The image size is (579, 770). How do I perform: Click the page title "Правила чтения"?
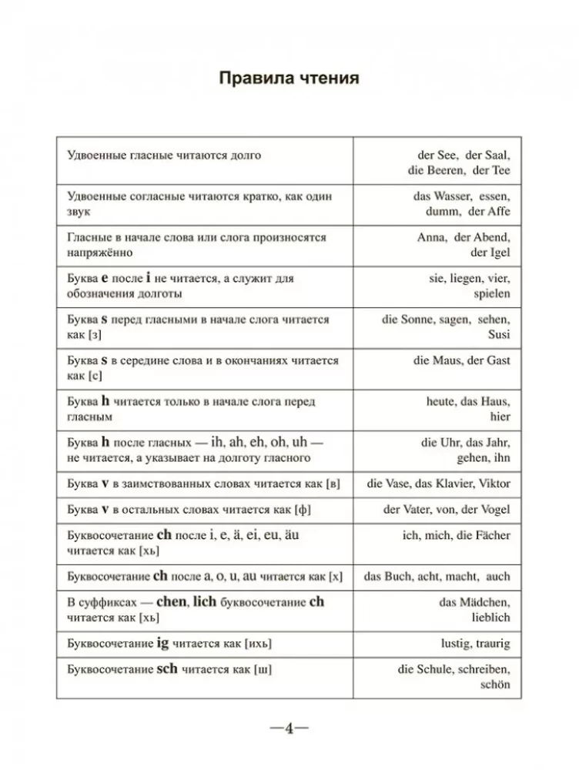[x=289, y=79]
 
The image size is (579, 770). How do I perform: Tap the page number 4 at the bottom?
[x=289, y=728]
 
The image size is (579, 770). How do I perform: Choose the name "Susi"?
[x=497, y=335]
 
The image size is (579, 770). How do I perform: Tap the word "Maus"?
[x=447, y=360]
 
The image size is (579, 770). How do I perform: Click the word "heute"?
[x=442, y=401]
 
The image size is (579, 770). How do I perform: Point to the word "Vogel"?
[x=492, y=509]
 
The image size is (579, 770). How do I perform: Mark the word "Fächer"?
[x=490, y=535]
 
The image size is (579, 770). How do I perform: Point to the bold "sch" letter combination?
[x=166, y=668]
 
